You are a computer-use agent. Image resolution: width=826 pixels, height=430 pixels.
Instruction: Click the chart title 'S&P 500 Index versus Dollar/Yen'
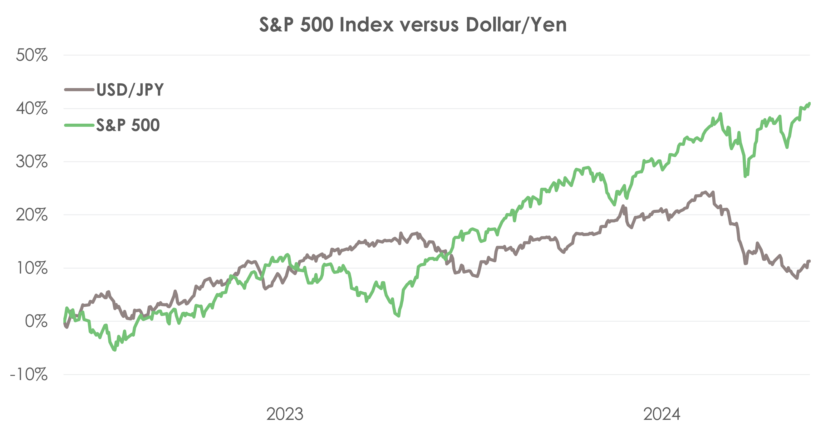pos(413,24)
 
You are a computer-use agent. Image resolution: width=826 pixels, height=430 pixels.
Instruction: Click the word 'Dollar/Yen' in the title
pos(516,24)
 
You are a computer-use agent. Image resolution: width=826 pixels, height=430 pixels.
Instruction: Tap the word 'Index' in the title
pos(366,24)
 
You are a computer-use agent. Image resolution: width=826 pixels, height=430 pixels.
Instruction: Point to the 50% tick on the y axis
pos(32,55)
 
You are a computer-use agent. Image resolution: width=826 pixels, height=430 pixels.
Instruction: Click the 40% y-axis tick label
pos(32,108)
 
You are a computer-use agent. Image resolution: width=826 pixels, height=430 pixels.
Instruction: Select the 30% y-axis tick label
pos(32,162)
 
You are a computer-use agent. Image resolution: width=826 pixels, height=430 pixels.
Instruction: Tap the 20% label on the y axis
pos(32,215)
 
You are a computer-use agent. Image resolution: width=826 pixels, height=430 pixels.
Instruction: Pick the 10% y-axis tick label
pos(32,268)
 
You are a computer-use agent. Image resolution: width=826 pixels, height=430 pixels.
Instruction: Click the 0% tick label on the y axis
pos(36,321)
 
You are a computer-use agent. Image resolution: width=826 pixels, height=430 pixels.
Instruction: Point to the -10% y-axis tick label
pos(29,374)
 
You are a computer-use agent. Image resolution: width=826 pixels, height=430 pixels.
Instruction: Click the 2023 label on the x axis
pos(285,414)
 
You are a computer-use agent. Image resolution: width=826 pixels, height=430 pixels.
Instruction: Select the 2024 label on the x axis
pos(662,414)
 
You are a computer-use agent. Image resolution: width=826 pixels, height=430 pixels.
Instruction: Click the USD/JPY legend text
pos(130,90)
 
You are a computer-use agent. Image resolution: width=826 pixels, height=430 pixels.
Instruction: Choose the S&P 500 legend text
pos(128,125)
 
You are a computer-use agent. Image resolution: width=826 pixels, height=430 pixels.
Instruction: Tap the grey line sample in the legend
pos(79,89)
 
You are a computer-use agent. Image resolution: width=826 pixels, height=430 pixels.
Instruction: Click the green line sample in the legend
pos(79,125)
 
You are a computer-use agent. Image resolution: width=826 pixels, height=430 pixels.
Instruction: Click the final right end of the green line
pos(810,103)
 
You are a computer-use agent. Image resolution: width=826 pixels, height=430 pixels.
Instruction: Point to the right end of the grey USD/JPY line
pos(810,261)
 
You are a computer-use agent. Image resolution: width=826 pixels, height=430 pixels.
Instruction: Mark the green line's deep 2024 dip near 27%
pos(745,176)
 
